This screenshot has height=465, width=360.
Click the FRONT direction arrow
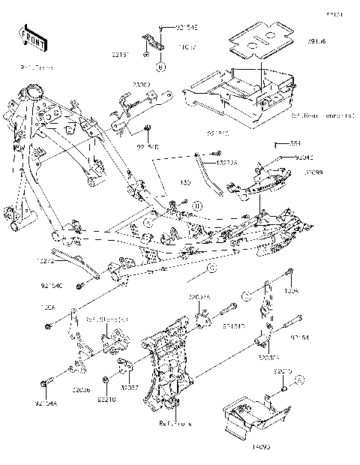coord(29,37)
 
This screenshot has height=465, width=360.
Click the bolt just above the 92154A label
coord(46,384)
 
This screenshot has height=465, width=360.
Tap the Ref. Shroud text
coord(106,319)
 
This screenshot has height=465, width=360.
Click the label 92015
coord(283,371)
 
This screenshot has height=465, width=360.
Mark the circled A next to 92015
coord(298,380)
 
